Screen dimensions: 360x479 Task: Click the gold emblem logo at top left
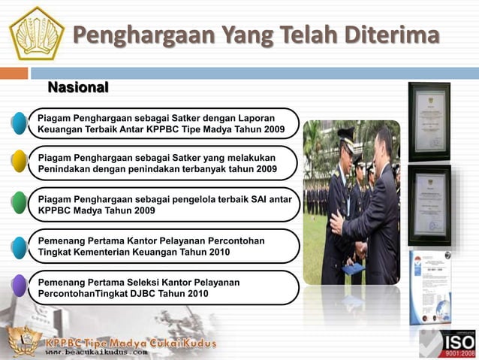point(37,33)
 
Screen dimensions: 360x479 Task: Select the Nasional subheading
point(78,88)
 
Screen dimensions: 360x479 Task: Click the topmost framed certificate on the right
point(429,122)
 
